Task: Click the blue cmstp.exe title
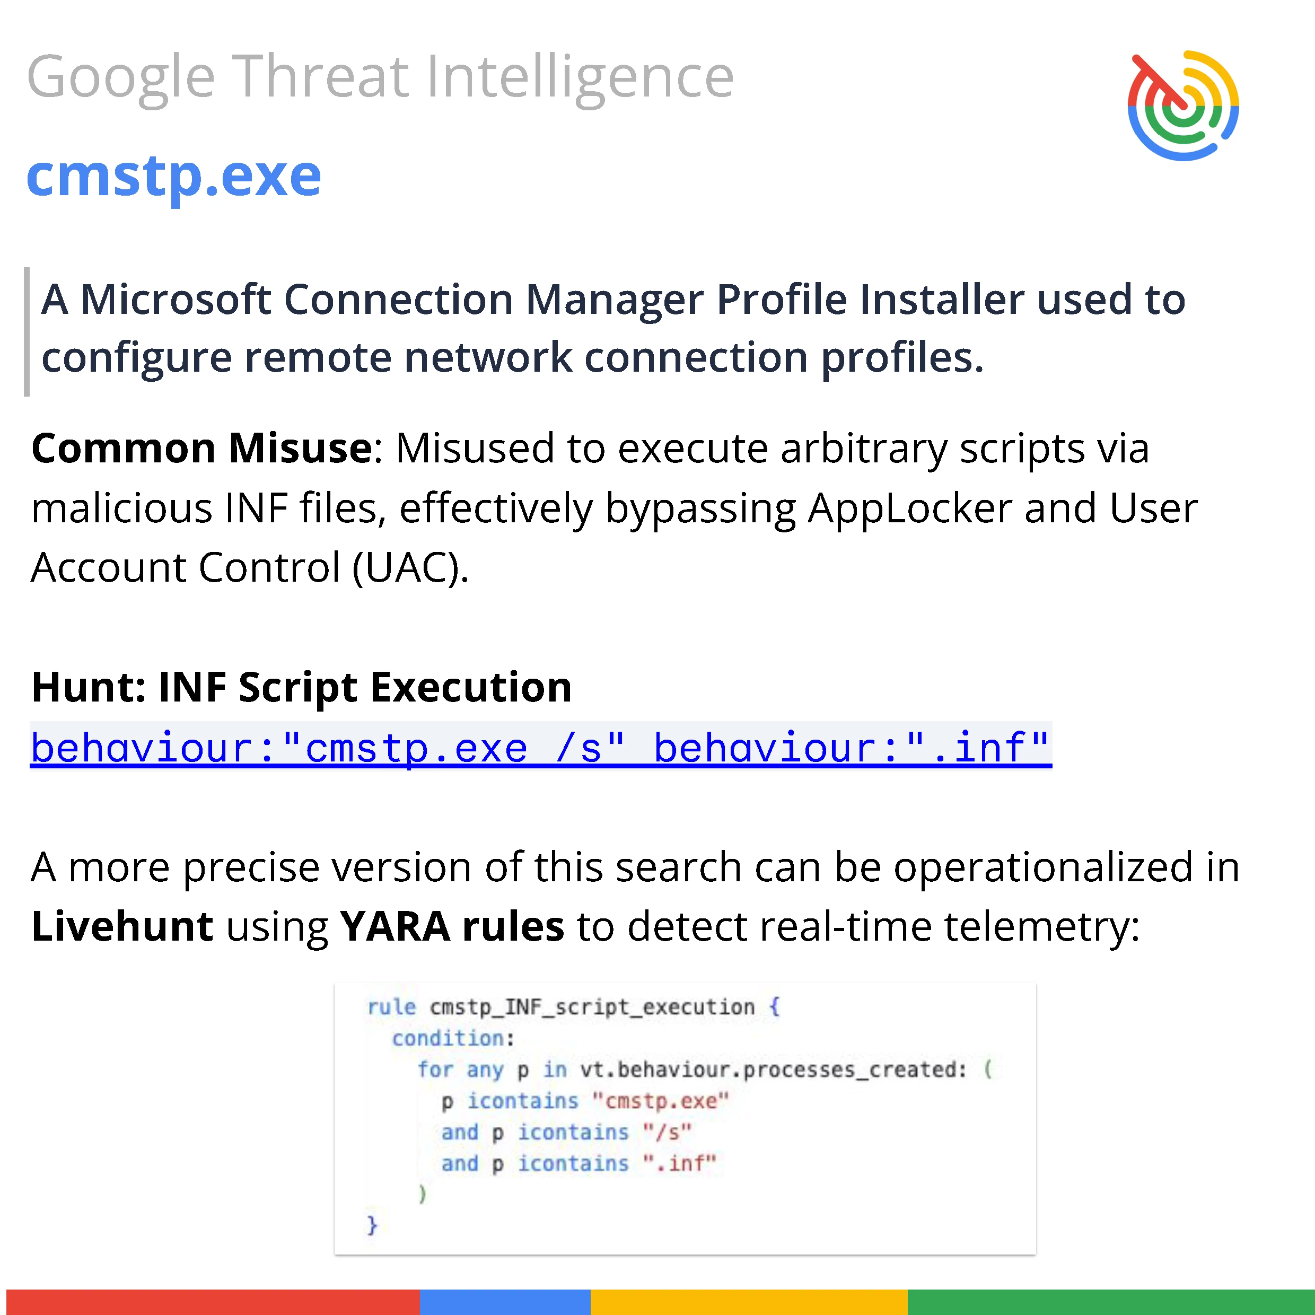tap(173, 176)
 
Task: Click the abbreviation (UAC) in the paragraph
tap(410, 568)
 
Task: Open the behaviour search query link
tap(541, 747)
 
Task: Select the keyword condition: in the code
tap(453, 1038)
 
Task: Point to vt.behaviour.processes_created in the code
tap(773, 1069)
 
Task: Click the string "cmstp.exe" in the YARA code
tap(660, 1101)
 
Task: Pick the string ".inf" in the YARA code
tap(679, 1163)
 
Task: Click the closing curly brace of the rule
tap(372, 1224)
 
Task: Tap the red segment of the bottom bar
tap(213, 1301)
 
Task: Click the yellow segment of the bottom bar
tap(749, 1301)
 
